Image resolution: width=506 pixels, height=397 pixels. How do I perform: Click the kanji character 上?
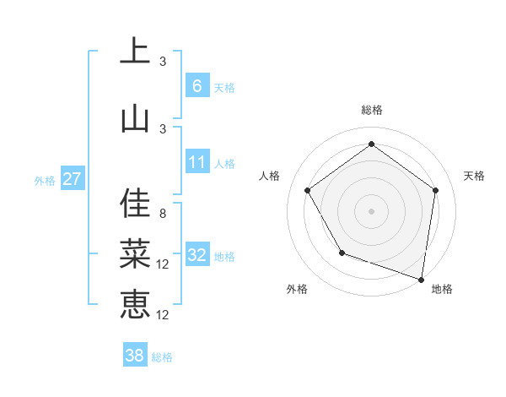(x=135, y=52)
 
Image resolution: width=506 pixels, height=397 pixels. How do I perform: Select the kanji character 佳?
(x=135, y=203)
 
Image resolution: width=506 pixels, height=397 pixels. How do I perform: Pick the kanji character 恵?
(x=135, y=302)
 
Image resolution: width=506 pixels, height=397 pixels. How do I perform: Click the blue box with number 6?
(x=197, y=86)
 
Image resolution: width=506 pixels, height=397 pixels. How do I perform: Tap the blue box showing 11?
(x=197, y=162)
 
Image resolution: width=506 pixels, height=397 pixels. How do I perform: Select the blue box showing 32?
(x=197, y=255)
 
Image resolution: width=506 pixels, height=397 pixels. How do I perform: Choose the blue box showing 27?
(x=72, y=179)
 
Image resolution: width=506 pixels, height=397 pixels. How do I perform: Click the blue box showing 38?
(x=135, y=356)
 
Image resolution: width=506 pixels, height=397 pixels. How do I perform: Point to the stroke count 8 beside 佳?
(x=163, y=214)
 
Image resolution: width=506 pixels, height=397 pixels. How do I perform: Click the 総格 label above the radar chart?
(x=371, y=110)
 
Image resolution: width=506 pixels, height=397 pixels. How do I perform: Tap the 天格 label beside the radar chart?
(x=474, y=176)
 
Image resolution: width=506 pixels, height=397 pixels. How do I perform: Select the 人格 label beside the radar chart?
(x=270, y=176)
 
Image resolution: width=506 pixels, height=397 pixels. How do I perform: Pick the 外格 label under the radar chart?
(x=297, y=289)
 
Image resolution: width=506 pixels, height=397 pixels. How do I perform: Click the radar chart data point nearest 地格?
(x=421, y=279)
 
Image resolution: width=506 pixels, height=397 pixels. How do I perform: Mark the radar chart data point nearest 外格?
(x=342, y=253)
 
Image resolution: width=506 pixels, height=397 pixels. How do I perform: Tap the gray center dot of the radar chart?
(x=371, y=210)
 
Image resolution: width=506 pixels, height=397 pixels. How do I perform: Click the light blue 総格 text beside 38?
(x=162, y=357)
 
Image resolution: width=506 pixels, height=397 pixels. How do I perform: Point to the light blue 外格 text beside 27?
(x=44, y=180)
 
